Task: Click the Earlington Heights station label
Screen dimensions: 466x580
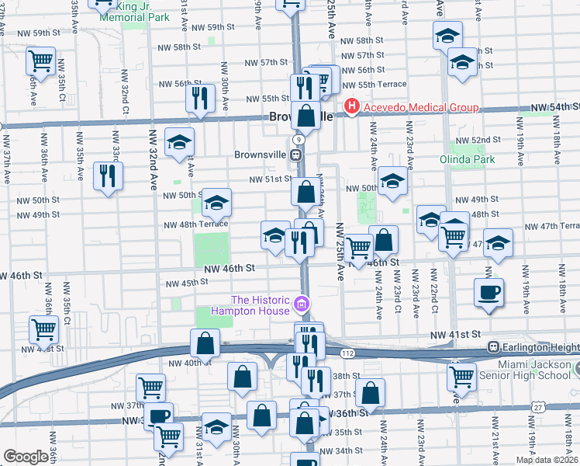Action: pos(540,346)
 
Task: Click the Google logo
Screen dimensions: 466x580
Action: pos(26,457)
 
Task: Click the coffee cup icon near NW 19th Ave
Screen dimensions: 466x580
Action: pos(489,292)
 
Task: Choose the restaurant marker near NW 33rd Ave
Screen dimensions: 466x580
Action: pos(107,175)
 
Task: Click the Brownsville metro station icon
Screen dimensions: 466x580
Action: pos(297,155)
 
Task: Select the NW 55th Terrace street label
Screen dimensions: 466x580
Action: pos(381,84)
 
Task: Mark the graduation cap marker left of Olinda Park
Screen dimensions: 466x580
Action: pos(393,183)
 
